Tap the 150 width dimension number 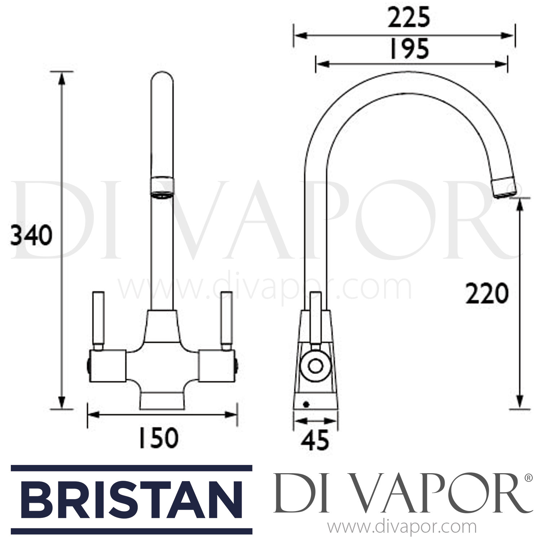(159, 438)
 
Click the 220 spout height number (487, 294)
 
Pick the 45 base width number (316, 440)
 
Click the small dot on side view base (306, 405)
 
